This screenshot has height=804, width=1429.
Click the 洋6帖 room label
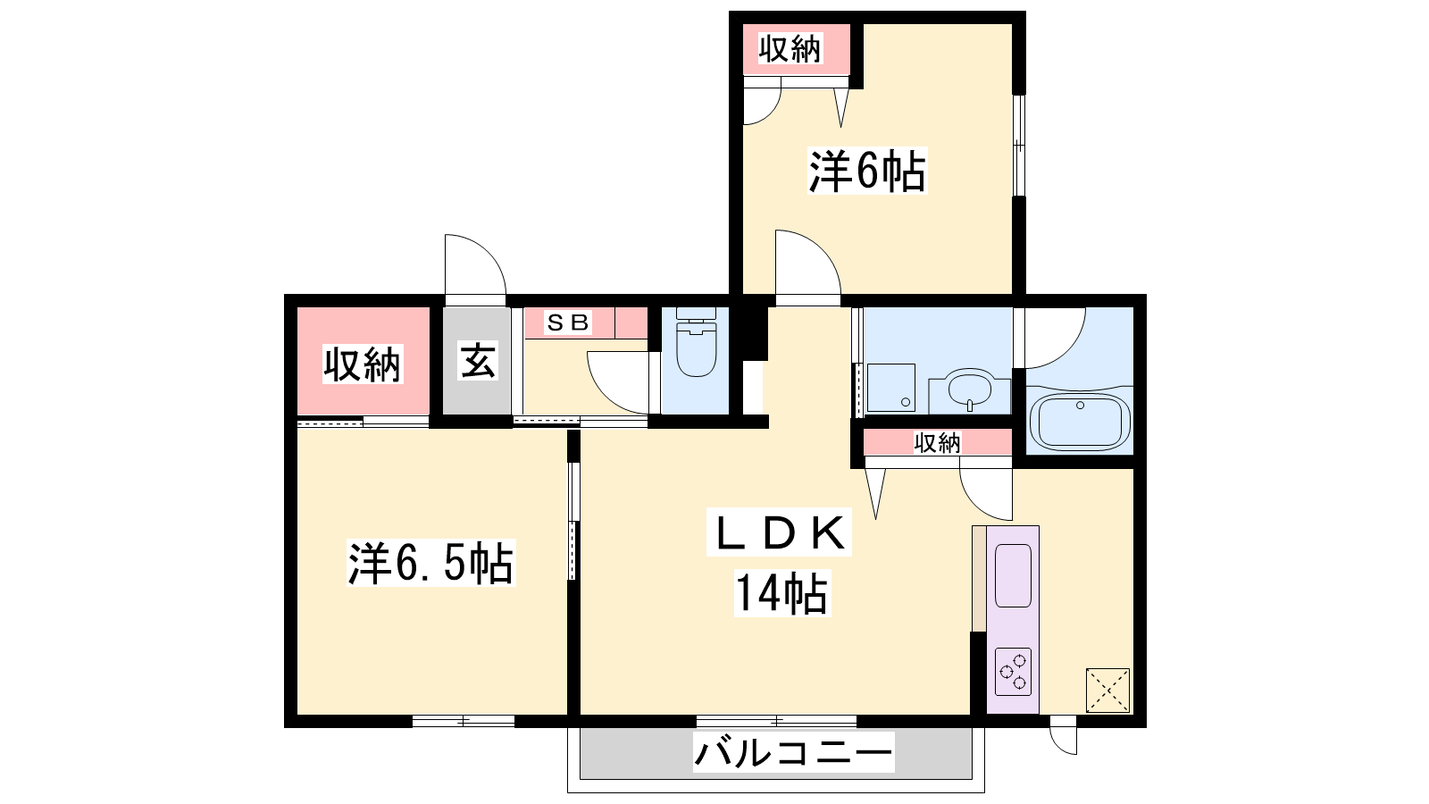[867, 171]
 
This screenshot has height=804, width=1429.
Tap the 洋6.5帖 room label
[430, 563]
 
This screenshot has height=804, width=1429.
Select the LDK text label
[780, 532]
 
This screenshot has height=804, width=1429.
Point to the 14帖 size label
[782, 593]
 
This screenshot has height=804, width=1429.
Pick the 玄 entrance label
[478, 361]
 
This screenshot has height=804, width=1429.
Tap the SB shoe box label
[567, 322]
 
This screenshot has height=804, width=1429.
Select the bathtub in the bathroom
[1080, 421]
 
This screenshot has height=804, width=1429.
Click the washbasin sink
[970, 389]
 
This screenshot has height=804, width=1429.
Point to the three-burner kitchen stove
[1013, 671]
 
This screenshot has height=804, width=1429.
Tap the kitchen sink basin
[1013, 575]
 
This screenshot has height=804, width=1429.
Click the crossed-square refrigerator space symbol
[1107, 690]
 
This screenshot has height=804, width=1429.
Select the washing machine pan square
[891, 388]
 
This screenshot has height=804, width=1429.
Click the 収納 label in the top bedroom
[790, 48]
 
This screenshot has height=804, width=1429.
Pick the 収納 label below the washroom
[937, 442]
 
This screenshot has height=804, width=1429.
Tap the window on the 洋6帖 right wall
[1019, 146]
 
